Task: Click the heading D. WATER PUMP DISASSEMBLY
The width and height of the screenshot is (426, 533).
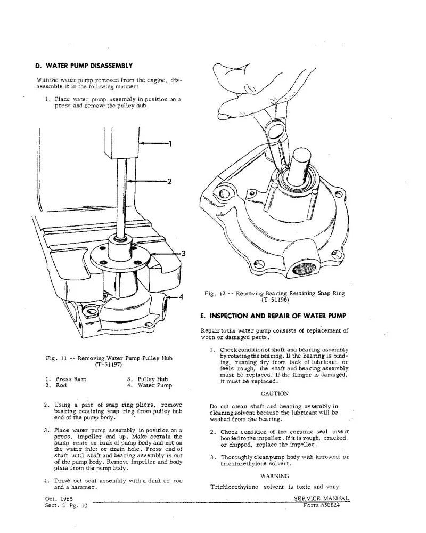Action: tap(84, 66)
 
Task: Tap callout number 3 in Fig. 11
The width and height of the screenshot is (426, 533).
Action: tap(183, 253)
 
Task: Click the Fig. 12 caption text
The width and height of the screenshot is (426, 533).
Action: tap(275, 293)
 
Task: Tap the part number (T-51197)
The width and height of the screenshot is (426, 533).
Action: tap(109, 365)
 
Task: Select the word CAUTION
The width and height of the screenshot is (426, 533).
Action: tap(275, 394)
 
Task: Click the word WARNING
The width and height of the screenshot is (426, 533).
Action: tap(275, 476)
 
